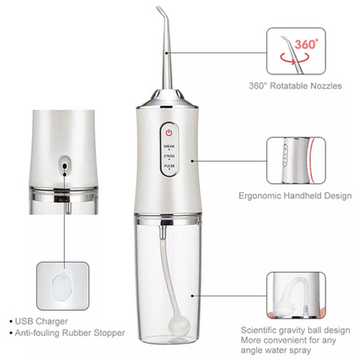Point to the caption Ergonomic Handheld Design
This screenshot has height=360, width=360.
(x=294, y=195)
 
